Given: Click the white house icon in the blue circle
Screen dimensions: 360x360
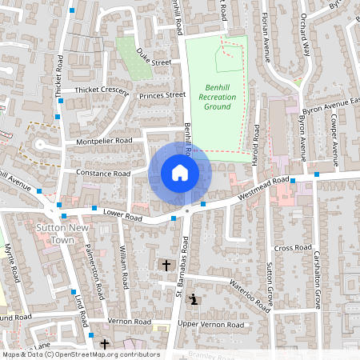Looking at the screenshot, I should (180, 173).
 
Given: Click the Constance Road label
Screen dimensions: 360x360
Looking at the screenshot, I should (103, 173).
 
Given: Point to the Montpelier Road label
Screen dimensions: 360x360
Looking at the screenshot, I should (103, 141).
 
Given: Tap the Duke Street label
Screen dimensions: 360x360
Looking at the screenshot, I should (154, 56).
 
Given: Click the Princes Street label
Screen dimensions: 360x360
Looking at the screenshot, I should (162, 96).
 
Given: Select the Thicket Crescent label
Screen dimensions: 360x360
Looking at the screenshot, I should (101, 90).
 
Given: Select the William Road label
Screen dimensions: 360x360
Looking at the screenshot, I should (125, 270).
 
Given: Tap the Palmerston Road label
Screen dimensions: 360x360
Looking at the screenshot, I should (93, 272).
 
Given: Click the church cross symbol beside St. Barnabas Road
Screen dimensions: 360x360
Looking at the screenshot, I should (166, 264).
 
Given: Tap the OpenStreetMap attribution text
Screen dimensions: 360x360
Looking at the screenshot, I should (81, 354).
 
